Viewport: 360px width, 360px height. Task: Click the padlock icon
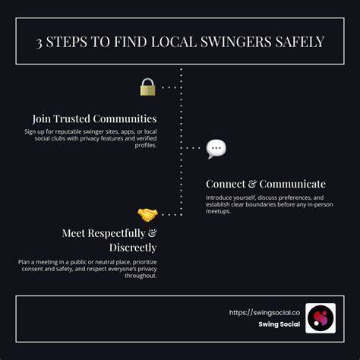[148, 87]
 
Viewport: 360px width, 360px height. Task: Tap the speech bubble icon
[216, 149]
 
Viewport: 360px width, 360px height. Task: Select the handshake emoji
[147, 215]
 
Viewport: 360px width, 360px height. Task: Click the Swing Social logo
[321, 318]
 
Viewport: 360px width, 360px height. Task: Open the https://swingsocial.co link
[264, 313]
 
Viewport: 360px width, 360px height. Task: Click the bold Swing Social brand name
[279, 324]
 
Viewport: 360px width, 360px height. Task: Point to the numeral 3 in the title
[39, 43]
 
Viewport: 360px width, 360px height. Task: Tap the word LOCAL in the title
[174, 42]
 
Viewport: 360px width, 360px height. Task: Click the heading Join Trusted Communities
[94, 118]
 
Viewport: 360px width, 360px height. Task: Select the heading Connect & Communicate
[266, 184]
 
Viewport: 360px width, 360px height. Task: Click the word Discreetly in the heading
[133, 248]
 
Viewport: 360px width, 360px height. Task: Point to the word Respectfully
[116, 233]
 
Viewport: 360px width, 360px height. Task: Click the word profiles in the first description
[146, 145]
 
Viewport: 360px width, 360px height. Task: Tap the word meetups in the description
[218, 211]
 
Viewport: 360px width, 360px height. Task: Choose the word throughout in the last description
[141, 276]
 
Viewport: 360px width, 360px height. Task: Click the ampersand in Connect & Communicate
[252, 184]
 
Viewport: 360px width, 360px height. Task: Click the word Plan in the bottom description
[24, 262]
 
